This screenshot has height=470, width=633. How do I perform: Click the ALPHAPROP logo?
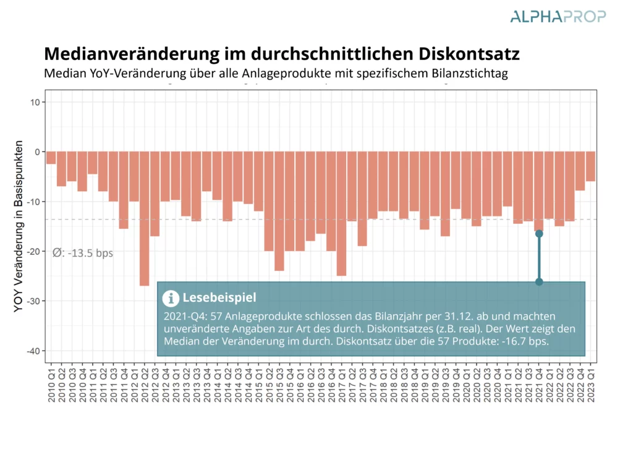(x=558, y=16)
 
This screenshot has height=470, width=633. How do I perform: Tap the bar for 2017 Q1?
(x=341, y=213)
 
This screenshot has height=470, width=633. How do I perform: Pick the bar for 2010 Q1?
(x=51, y=158)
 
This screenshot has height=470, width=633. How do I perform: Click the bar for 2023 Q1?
(x=590, y=166)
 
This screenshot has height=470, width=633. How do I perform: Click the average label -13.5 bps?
(x=83, y=253)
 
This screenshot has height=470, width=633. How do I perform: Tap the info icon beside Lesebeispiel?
(x=170, y=298)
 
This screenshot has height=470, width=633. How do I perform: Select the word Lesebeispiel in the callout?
(x=219, y=298)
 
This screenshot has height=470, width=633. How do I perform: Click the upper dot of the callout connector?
(x=539, y=234)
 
